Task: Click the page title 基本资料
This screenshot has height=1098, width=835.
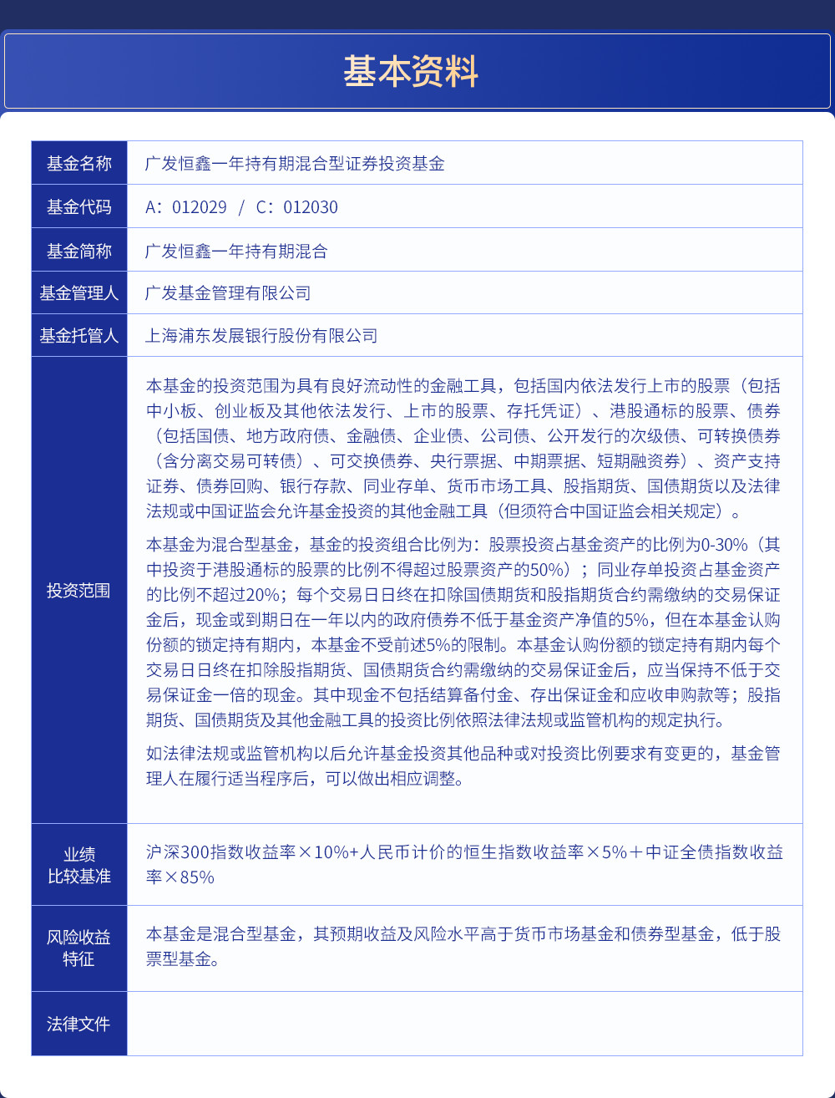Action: click(410, 72)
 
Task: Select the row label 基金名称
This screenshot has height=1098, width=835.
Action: click(79, 164)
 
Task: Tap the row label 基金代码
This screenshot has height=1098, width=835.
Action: click(79, 207)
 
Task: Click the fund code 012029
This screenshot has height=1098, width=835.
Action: click(199, 207)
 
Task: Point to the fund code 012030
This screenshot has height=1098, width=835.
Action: click(310, 207)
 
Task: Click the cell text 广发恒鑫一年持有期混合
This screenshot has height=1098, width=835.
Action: click(236, 252)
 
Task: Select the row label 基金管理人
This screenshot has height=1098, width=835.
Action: click(79, 293)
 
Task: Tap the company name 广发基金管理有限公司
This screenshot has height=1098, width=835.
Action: click(228, 293)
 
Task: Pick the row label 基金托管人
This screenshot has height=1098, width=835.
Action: click(79, 336)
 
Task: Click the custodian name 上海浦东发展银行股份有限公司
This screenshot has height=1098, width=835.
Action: click(261, 336)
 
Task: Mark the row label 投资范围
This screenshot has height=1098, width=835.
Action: click(79, 591)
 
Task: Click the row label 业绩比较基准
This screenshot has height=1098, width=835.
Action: click(79, 865)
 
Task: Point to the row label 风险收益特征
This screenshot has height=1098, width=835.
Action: click(79, 948)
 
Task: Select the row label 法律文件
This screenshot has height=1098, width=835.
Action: click(79, 1024)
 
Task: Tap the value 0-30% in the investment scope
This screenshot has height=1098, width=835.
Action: click(724, 545)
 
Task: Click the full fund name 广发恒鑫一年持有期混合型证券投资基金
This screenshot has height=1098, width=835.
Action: click(295, 164)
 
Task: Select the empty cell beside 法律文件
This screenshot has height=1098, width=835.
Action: click(464, 1024)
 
